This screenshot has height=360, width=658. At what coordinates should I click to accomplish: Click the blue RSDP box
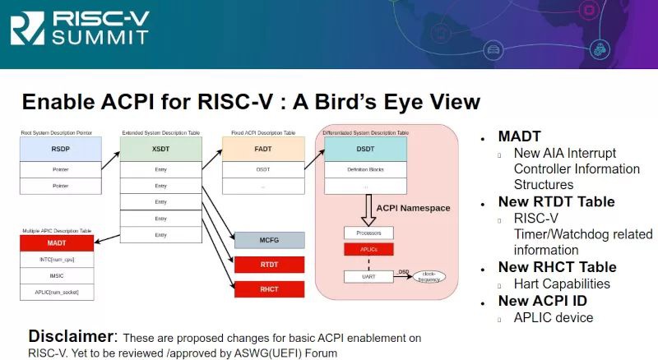coord(61,149)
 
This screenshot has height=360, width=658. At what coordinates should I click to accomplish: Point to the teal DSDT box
coord(364,149)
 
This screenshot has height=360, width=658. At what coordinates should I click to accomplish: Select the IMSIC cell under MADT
coord(56,275)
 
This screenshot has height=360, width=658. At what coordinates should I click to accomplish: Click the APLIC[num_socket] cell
coord(56,292)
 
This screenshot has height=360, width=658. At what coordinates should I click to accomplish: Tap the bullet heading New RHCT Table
coord(557,267)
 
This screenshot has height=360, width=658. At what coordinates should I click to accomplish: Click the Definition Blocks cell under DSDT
coord(364,169)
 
